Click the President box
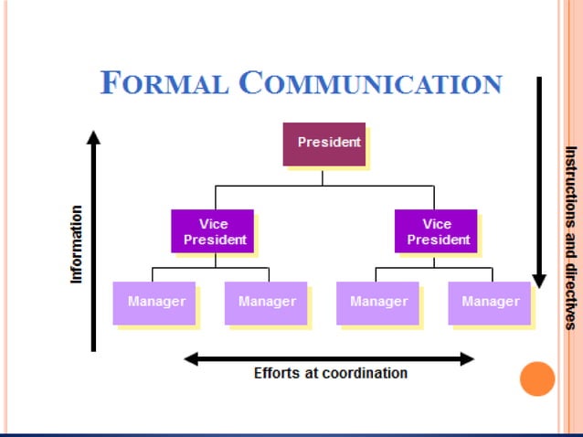pyautogui.click(x=323, y=144)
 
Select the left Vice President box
pyautogui.click(x=212, y=231)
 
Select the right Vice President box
pyautogui.click(x=436, y=231)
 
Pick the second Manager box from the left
pyautogui.click(x=266, y=303)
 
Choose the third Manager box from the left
pyautogui.click(x=377, y=303)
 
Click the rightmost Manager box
pyautogui.click(x=490, y=303)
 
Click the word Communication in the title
pyautogui.click(x=370, y=83)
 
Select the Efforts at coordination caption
pyautogui.click(x=330, y=373)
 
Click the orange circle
pyautogui.click(x=537, y=378)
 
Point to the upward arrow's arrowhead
pyautogui.click(x=92, y=137)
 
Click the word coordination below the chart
pyautogui.click(x=364, y=373)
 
